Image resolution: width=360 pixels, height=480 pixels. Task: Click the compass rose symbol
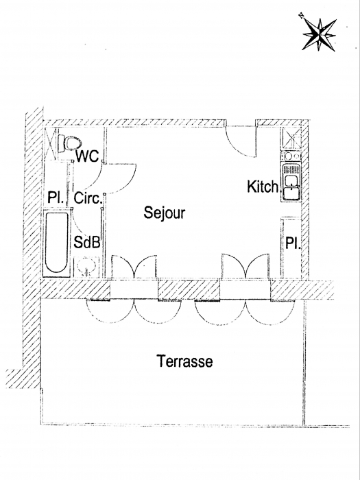tap(319, 34)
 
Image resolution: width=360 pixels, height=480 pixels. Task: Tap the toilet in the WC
tap(70, 143)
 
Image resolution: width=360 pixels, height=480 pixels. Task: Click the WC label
tap(88, 156)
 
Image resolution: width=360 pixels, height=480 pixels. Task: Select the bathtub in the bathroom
tap(56, 243)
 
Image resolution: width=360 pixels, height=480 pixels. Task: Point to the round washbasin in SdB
tap(86, 266)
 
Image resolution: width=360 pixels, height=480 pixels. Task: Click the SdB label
tap(87, 243)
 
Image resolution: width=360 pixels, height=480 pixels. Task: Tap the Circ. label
tap(88, 198)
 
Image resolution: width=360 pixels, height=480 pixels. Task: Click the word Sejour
tap(165, 213)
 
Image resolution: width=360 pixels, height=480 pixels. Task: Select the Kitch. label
tap(263, 187)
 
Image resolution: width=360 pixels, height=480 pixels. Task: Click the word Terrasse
tap(184, 361)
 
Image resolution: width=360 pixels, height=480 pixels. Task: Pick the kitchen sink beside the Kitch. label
tap(291, 182)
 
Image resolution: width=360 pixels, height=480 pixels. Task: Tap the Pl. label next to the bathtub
tap(56, 197)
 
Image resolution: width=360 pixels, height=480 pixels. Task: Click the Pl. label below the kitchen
tap(293, 243)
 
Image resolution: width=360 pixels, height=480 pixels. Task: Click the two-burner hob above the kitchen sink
tap(291, 156)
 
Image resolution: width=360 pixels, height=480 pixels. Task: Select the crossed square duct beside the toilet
tap(51, 143)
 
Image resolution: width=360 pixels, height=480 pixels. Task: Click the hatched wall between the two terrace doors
tap(189, 289)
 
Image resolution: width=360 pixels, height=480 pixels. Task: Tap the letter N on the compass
tap(301, 15)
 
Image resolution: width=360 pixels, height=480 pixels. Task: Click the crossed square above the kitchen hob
tap(291, 139)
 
